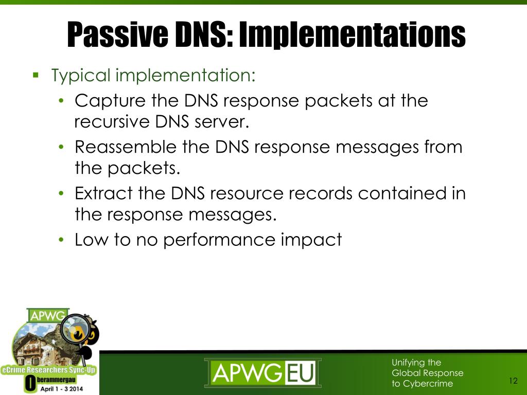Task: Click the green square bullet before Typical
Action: point(36,76)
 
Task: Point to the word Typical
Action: point(81,76)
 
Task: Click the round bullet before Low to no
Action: point(61,240)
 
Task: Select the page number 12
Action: point(513,381)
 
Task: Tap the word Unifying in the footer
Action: point(406,363)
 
